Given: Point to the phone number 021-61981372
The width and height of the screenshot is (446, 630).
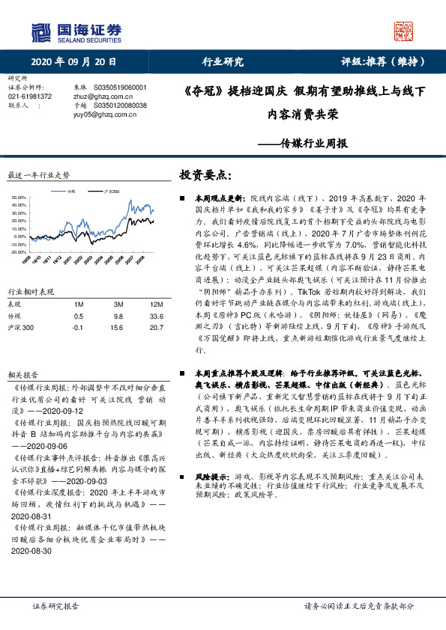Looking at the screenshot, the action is coord(30,97).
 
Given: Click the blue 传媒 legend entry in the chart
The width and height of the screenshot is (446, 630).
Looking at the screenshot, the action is coord(69,192).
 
